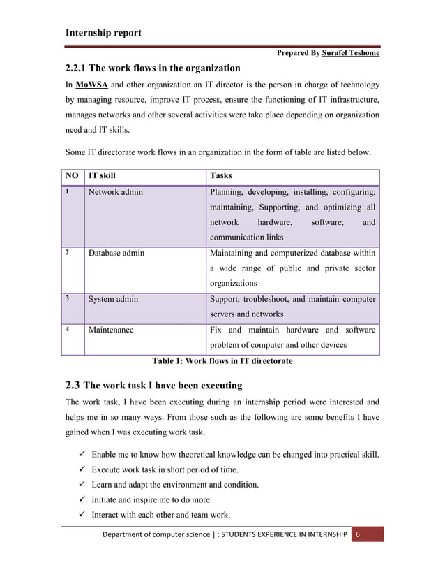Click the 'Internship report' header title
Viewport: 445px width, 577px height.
pos(103,32)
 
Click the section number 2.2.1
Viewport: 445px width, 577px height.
pos(79,68)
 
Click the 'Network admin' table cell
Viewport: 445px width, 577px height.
pos(115,192)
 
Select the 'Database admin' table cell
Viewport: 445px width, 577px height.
pos(116,253)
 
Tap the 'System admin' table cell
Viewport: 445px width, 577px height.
pos(113,299)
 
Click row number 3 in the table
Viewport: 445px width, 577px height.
pos(67,299)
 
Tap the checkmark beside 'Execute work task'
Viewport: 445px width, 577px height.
pos(81,470)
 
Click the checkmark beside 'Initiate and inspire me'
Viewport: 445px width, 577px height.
pos(81,501)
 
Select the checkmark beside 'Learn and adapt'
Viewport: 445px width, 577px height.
pos(81,485)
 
